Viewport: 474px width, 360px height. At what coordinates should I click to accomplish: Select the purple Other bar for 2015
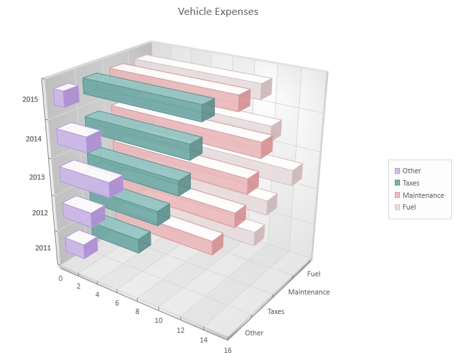66,96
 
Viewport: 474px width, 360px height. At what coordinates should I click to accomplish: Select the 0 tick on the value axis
60,278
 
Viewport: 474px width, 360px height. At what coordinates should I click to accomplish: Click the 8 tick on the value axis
137,311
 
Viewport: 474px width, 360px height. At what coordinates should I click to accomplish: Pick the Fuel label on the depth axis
314,274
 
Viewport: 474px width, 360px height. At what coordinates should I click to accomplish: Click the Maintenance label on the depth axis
308,292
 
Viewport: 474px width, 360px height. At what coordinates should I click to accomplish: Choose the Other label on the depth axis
255,333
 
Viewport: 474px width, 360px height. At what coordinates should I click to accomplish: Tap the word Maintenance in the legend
423,195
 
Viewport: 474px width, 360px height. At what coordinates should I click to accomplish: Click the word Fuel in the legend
409,207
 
